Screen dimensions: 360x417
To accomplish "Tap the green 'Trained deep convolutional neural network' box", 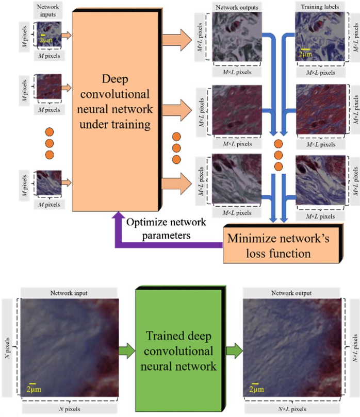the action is pyautogui.click(x=181, y=349).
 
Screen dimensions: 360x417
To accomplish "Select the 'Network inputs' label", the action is pyautogui.click(x=48, y=11).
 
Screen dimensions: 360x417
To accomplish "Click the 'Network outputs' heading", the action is pyautogui.click(x=237, y=7).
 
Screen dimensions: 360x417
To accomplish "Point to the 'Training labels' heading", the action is pyautogui.click(x=320, y=7).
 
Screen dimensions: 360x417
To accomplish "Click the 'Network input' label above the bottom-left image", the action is pyautogui.click(x=69, y=293).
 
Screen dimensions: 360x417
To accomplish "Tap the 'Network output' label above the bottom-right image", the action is pyautogui.click(x=291, y=293).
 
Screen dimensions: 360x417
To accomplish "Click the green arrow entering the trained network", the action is pyautogui.click(x=127, y=351).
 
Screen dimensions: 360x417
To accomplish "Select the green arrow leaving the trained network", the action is pyautogui.click(x=234, y=351).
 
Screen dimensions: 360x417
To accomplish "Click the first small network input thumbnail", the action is pyautogui.click(x=49, y=35).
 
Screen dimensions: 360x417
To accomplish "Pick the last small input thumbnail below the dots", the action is pyautogui.click(x=49, y=182).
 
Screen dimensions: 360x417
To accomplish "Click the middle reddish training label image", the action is pyautogui.click(x=321, y=109).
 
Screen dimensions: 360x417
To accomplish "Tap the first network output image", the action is pyautogui.click(x=237, y=37).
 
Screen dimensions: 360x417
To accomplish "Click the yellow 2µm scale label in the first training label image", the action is pyautogui.click(x=305, y=54).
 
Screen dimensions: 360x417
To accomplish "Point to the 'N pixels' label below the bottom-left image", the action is pyautogui.click(x=70, y=409).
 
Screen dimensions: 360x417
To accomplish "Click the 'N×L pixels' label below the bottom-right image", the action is pyautogui.click(x=292, y=409).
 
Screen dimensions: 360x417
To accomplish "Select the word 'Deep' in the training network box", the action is pyautogui.click(x=115, y=79).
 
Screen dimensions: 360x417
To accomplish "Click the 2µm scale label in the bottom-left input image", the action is pyautogui.click(x=34, y=389).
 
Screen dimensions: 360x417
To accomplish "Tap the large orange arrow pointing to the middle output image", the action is pyautogui.click(x=177, y=110).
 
